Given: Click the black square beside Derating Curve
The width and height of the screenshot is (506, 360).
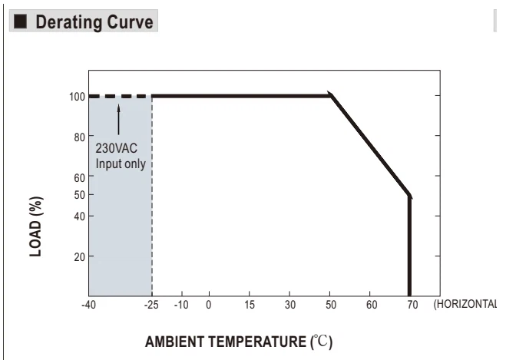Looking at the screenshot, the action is tap(20, 21).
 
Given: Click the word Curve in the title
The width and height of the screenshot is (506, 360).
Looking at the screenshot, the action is tap(130, 22).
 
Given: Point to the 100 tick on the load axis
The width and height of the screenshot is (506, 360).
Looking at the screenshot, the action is tap(77, 97).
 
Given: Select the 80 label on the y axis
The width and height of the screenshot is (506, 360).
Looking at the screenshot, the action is tap(79, 137).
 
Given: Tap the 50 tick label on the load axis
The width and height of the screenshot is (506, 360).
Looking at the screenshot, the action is tap(79, 195).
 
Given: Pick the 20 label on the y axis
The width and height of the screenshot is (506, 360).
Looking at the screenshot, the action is tap(79, 257).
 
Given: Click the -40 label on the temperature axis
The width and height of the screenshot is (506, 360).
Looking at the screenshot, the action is tap(89, 305).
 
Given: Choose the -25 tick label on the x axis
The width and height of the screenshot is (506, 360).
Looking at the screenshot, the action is tap(151, 305).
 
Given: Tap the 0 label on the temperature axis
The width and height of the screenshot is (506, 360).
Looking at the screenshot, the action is tap(209, 305).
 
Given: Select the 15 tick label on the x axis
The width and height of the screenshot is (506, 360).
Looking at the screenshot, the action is tap(250, 305).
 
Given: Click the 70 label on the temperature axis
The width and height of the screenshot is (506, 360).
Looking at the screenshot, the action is tap(412, 305).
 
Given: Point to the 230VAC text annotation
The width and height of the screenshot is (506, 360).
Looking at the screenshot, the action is tap(117, 149).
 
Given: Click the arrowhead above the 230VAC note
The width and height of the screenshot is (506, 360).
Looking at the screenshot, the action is tap(118, 107).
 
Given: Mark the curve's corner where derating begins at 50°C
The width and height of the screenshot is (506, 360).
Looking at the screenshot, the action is tap(331, 95).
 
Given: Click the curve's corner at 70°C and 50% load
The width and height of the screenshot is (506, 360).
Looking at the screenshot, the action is tap(409, 196).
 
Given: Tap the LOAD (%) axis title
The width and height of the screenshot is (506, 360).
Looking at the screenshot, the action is tap(36, 226).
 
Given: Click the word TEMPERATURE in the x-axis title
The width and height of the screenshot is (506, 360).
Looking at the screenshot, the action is tap(257, 342).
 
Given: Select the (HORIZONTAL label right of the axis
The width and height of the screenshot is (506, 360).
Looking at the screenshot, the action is tap(465, 304).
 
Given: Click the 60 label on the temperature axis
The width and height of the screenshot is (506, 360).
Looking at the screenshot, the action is tap(372, 305).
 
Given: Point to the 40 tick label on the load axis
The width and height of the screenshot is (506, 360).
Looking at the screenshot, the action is tap(79, 216).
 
